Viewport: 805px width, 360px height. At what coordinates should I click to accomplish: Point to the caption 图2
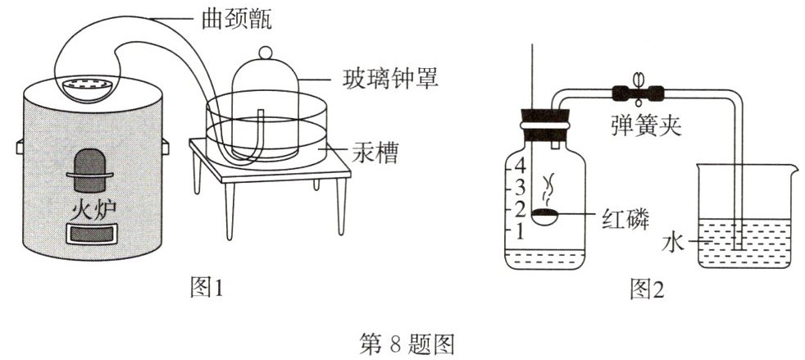(646, 287)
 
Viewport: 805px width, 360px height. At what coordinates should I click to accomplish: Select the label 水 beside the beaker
(671, 243)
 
